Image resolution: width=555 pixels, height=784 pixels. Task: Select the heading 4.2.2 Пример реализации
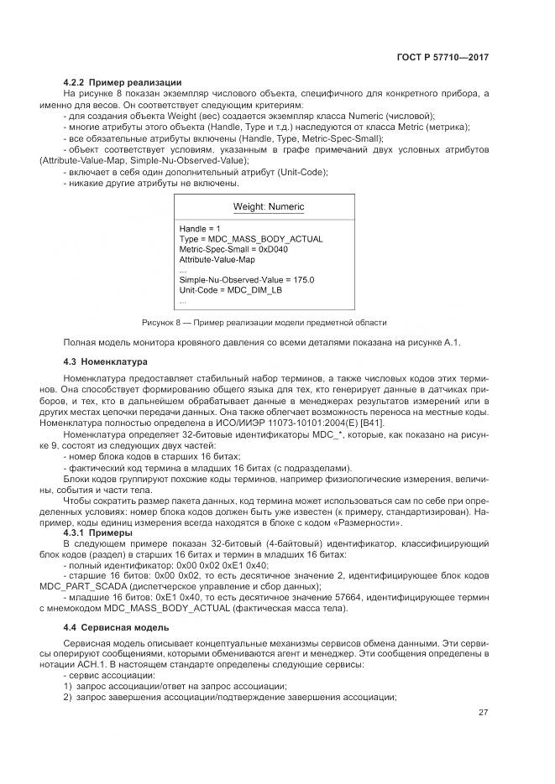123,82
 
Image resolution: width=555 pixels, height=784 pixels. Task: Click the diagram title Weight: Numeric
268,207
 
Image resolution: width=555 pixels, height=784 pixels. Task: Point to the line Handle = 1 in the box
200,228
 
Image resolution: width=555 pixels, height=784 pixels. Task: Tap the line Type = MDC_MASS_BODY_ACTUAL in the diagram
250,239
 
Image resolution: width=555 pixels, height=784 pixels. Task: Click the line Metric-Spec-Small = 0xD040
233,249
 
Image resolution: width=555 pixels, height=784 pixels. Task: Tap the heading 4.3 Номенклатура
105,361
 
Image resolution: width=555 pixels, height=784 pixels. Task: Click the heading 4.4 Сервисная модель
117,627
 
